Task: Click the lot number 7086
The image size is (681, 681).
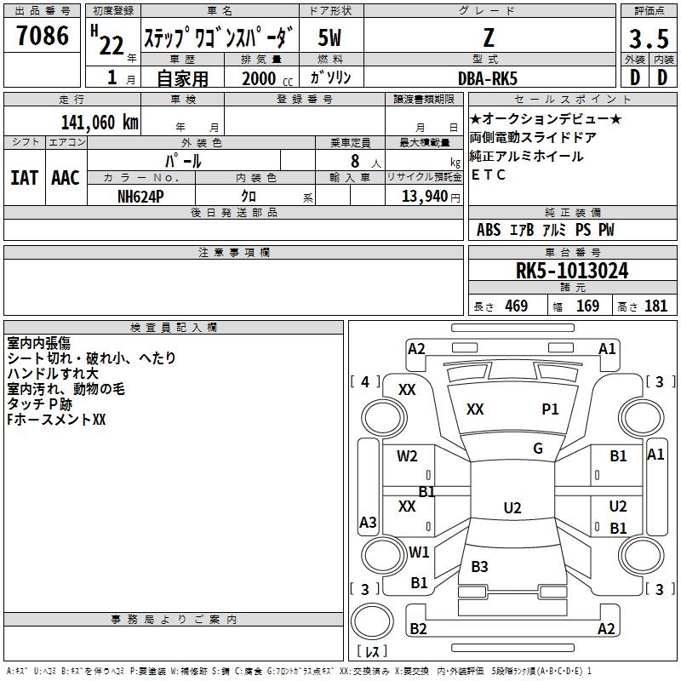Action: click(43, 36)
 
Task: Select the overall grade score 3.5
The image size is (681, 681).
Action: click(649, 39)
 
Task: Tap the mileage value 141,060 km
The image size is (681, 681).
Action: click(100, 123)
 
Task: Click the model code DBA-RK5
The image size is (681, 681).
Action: click(488, 78)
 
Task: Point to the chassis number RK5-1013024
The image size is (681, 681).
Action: click(572, 271)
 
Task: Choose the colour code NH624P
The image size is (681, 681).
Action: click(140, 197)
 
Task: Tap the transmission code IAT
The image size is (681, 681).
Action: click(24, 178)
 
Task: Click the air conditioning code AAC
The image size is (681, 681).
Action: click(66, 178)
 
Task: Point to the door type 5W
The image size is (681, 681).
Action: click(329, 37)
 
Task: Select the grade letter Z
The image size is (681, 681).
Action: click(489, 37)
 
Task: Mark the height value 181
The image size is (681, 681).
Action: click(655, 306)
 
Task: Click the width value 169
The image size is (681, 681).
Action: click(587, 306)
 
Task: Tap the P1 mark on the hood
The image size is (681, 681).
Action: click(550, 409)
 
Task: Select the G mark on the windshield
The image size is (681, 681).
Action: click(538, 449)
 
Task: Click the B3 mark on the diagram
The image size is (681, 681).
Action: click(479, 566)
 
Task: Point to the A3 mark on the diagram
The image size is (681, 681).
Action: click(368, 522)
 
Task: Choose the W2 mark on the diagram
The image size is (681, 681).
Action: click(407, 456)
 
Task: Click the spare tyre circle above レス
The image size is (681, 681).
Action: click(372, 621)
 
